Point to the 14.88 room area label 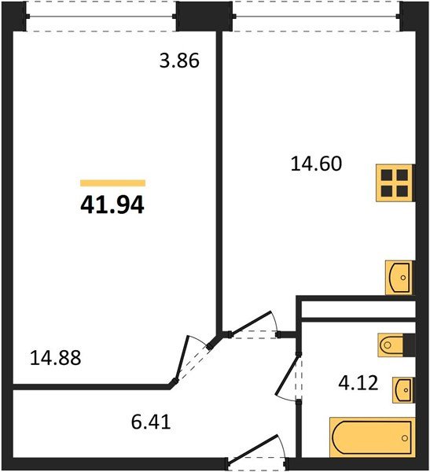tap(55, 358)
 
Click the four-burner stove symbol tap(395, 184)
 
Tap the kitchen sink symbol tap(399, 276)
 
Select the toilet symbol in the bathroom tap(395, 345)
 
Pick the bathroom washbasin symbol tap(401, 389)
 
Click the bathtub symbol tap(369, 438)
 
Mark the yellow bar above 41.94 tap(112, 183)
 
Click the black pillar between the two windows tap(200, 14)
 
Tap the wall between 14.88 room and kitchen tap(219, 181)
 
